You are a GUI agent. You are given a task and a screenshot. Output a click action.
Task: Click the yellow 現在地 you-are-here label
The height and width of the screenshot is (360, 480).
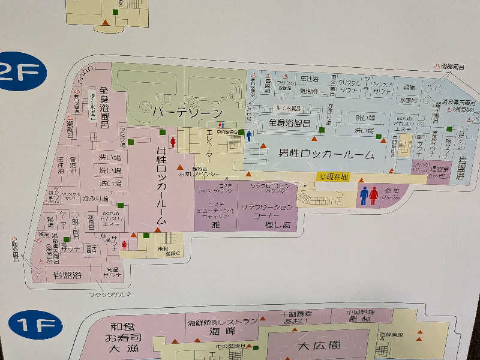point(334,177)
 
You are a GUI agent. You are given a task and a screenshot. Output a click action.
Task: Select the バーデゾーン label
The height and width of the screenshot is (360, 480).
point(187,112)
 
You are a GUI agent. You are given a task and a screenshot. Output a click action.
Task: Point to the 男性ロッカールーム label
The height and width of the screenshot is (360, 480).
point(326,154)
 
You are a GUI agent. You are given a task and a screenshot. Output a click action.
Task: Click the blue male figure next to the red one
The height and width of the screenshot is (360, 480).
point(364,196)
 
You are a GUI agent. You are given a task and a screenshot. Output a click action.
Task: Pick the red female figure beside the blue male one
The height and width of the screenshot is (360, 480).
point(374,196)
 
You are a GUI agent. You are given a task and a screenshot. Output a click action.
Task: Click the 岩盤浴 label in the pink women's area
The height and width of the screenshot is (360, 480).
point(67,277)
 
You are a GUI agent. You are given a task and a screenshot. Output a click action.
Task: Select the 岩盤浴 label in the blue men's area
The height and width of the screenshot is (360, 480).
point(461,167)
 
